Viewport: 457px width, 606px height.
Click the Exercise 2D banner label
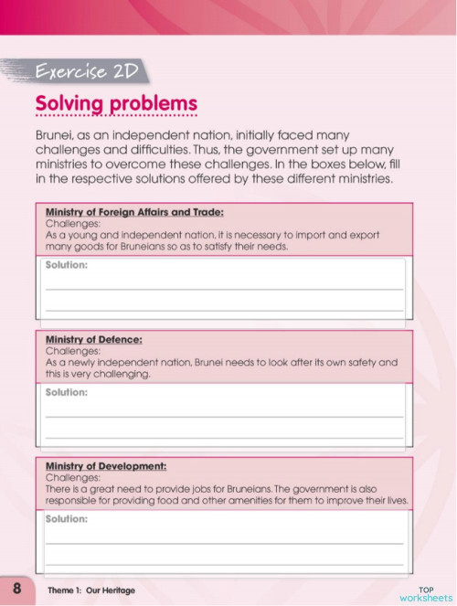85,71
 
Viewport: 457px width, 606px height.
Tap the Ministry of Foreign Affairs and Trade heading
134,211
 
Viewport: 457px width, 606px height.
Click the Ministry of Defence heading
93,339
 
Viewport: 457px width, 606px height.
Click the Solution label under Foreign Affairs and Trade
67,265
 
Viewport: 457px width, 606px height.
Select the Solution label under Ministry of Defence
67,392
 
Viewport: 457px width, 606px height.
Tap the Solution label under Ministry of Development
67,518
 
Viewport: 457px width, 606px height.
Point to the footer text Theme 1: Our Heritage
91,590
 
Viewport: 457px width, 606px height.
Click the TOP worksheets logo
425,591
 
